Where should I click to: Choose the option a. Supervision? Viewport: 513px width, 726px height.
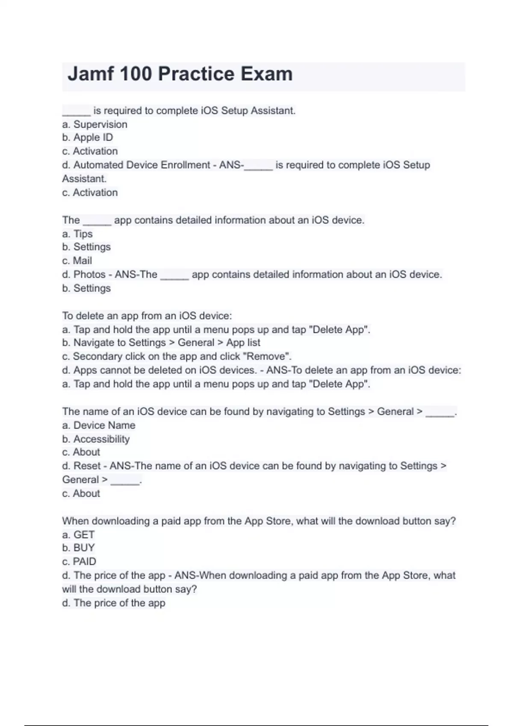(94, 124)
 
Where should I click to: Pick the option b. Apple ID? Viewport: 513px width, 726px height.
(87, 138)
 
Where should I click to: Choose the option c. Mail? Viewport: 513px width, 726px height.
(77, 261)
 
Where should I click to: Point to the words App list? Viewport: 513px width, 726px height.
(243, 343)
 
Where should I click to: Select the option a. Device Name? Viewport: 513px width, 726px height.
(99, 425)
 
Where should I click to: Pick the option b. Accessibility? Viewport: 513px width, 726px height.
(96, 439)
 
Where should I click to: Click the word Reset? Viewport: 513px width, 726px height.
(87, 466)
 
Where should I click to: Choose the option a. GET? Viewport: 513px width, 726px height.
(78, 535)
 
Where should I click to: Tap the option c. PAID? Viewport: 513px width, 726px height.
(79, 562)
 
